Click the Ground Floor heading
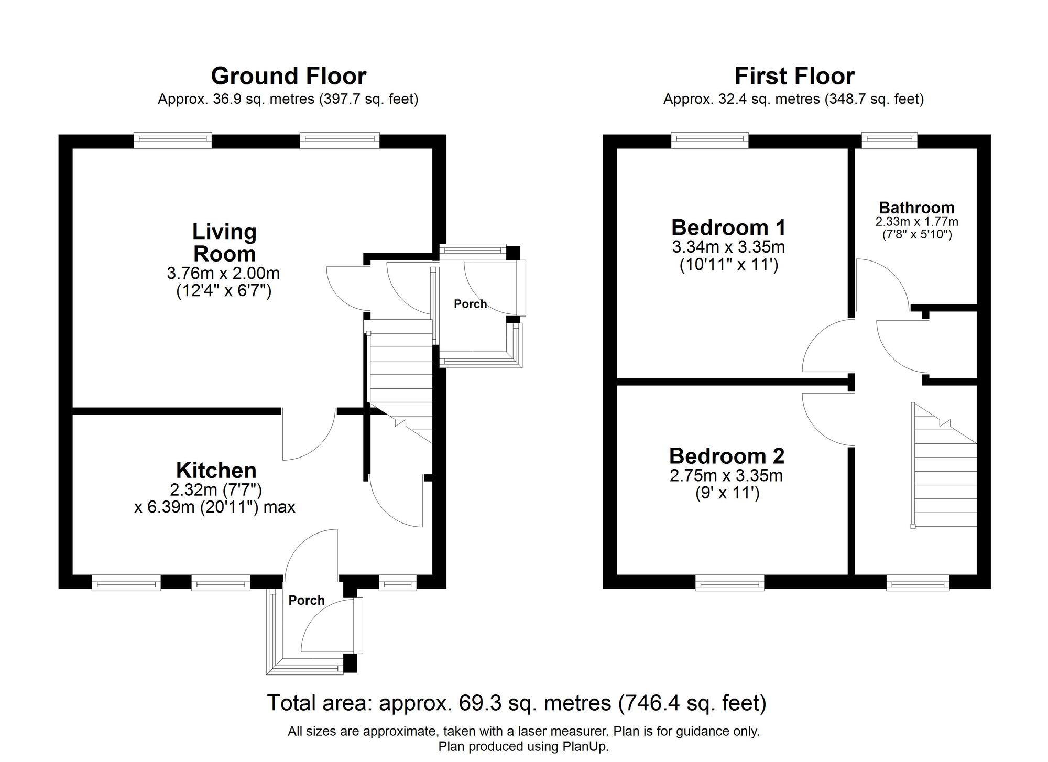click(288, 77)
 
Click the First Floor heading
click(794, 77)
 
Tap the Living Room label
click(224, 243)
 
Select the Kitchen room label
click(216, 470)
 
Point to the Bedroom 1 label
click(728, 227)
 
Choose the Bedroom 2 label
click(727, 456)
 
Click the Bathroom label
click(916, 207)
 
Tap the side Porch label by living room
click(470, 304)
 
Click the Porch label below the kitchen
click(307, 600)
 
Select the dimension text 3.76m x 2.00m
click(223, 273)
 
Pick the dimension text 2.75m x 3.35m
click(726, 475)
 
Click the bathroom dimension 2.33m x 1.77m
click(916, 222)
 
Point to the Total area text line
click(517, 702)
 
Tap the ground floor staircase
click(401, 377)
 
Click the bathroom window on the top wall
click(889, 139)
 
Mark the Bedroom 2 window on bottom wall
click(729, 583)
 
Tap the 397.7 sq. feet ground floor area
click(369, 99)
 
